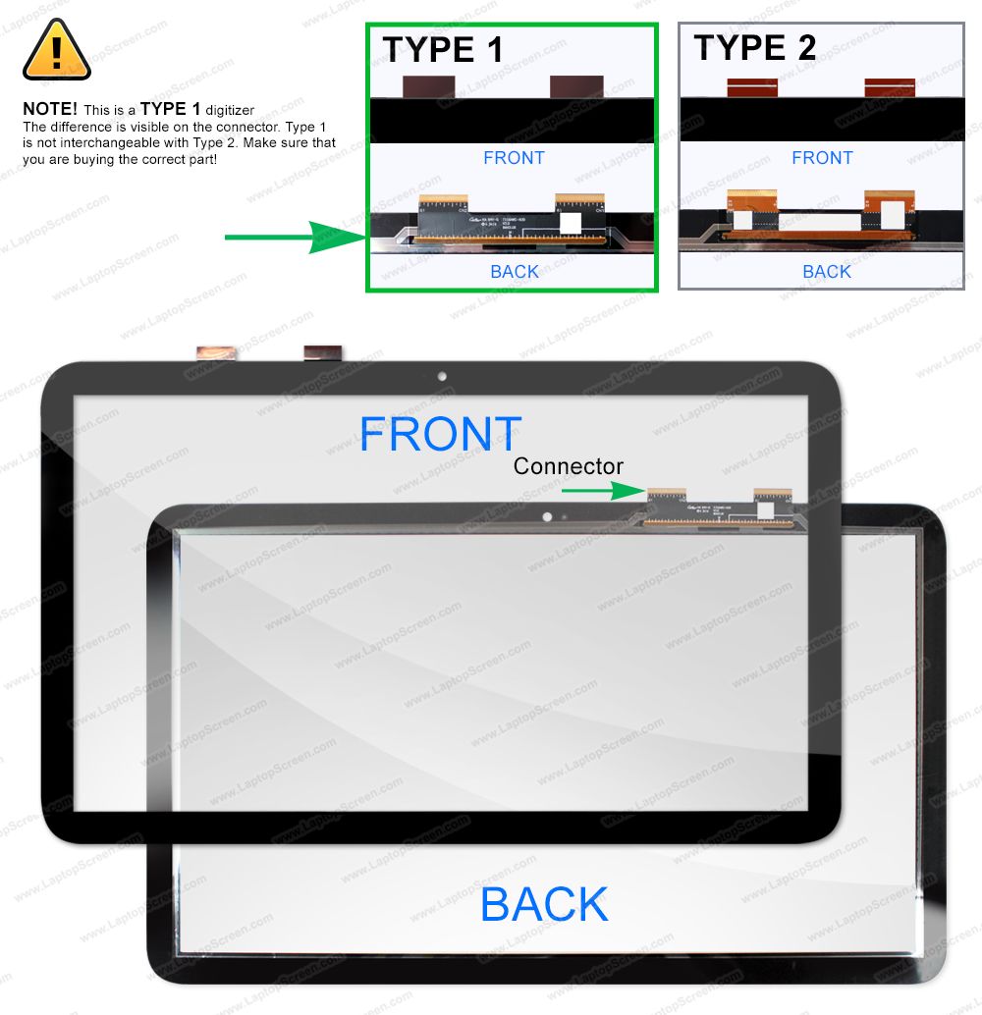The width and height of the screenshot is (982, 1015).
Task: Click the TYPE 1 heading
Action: [x=442, y=49]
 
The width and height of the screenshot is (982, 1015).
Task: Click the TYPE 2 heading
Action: [x=754, y=47]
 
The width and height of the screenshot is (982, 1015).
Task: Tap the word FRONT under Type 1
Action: [x=514, y=158]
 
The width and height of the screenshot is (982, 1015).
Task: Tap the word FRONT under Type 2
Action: [x=822, y=158]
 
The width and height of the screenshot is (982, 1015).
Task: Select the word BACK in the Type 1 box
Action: [x=514, y=272]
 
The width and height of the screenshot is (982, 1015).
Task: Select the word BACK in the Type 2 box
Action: [x=826, y=272]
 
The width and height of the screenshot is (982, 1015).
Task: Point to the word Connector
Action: [x=568, y=466]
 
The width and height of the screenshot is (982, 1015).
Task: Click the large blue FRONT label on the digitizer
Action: [x=440, y=435]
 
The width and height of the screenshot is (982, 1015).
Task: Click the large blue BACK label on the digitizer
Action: [x=544, y=904]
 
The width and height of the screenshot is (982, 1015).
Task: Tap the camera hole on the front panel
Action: [x=442, y=376]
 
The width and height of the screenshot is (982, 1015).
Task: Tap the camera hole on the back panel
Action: [x=547, y=515]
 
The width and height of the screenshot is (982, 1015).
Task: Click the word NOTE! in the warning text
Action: [x=49, y=110]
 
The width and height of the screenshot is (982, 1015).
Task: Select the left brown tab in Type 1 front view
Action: [x=422, y=86]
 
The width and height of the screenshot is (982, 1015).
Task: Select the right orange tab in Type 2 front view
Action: [x=890, y=87]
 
